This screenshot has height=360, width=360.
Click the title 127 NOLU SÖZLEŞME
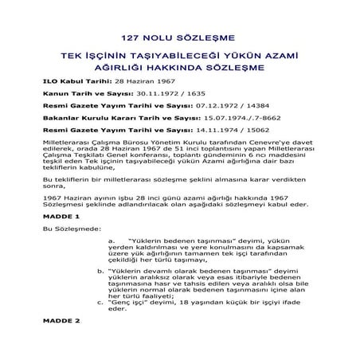tap(179, 37)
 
